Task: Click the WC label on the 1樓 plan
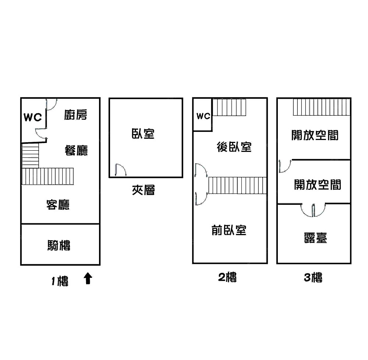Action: pos(33,118)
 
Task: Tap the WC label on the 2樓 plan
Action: pos(203,116)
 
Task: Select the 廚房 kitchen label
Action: pos(75,115)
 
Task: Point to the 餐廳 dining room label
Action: pos(76,150)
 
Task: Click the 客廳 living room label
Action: pos(58,205)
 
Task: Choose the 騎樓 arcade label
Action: pos(59,245)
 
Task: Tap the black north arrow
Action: pos(88,279)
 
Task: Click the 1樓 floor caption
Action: pos(60,282)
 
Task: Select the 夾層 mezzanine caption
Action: pos(144,190)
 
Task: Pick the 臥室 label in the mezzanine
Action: pos(143,133)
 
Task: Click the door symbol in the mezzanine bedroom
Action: pos(120,169)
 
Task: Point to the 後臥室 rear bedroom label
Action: pos(234,147)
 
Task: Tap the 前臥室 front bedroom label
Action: pos(229,230)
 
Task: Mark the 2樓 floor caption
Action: pos(227,277)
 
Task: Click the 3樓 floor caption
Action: pos(313,277)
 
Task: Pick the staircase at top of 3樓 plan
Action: pos(321,107)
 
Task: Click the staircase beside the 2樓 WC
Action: pos(229,107)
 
